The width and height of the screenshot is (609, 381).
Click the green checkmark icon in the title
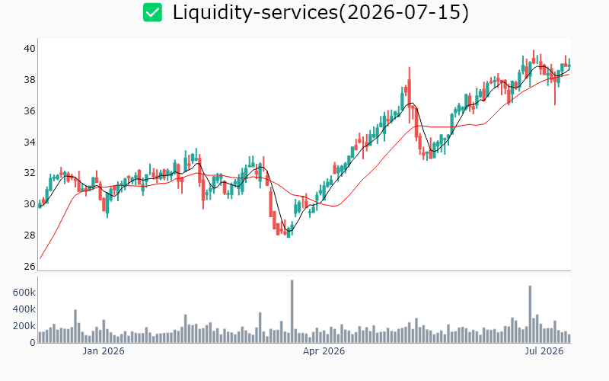click(x=152, y=12)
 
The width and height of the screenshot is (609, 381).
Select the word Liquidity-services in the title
click(x=255, y=12)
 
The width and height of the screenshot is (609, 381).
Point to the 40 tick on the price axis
click(x=30, y=49)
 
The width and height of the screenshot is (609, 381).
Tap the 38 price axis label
click(x=30, y=80)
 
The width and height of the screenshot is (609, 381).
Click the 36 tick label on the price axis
click(x=30, y=110)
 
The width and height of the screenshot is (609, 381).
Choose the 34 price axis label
click(x=30, y=142)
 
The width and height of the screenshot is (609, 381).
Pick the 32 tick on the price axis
click(x=30, y=173)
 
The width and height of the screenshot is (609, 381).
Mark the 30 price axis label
click(x=30, y=203)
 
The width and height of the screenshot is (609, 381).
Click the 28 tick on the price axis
click(x=30, y=235)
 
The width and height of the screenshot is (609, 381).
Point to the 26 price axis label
click(x=30, y=266)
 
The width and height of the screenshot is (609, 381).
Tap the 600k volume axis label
click(x=24, y=293)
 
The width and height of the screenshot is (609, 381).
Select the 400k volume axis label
click(x=24, y=309)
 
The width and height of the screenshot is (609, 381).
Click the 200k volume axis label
click(x=24, y=326)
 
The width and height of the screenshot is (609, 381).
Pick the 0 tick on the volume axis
click(x=33, y=343)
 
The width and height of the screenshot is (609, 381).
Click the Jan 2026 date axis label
click(x=104, y=351)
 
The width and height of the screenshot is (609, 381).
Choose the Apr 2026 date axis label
click(x=324, y=351)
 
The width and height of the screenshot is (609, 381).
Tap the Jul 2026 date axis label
click(x=544, y=351)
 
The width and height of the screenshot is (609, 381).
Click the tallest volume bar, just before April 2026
click(x=292, y=312)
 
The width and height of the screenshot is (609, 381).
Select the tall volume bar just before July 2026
click(x=530, y=314)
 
